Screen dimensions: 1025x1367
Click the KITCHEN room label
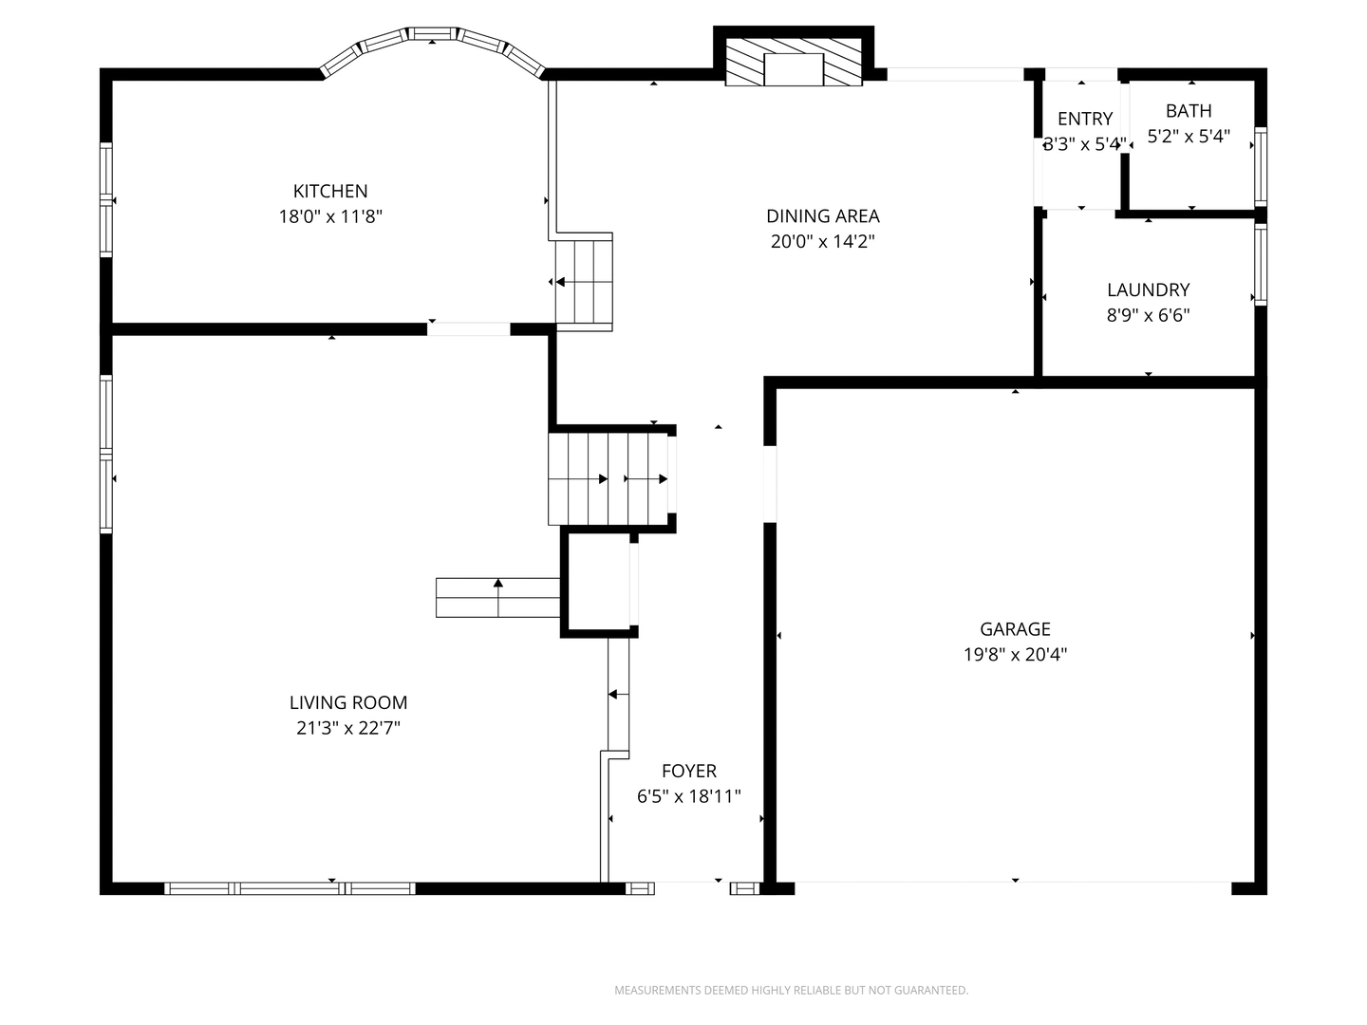[330, 191]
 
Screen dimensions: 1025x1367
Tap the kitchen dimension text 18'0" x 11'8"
[330, 216]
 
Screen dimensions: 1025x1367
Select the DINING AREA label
[823, 215]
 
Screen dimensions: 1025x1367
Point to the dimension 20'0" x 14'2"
[823, 241]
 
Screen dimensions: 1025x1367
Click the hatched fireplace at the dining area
[794, 64]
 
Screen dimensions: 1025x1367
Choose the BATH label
[1189, 111]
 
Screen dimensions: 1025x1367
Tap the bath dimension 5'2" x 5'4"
[1189, 137]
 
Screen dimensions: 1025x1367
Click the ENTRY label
[1085, 119]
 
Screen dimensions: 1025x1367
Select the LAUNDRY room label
[1148, 289]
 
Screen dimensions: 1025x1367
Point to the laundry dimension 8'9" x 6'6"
[1148, 315]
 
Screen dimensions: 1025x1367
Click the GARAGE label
[1015, 628]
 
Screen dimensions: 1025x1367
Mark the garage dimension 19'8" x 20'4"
[1015, 654]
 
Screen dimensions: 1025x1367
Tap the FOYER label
[689, 771]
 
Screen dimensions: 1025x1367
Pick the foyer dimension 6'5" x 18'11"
[689, 796]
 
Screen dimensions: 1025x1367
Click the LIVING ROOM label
[348, 702]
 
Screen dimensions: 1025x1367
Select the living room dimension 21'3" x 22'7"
[348, 728]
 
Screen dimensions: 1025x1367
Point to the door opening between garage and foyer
[770, 483]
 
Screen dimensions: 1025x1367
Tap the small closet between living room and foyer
[598, 583]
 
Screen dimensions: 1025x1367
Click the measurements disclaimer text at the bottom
[791, 990]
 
